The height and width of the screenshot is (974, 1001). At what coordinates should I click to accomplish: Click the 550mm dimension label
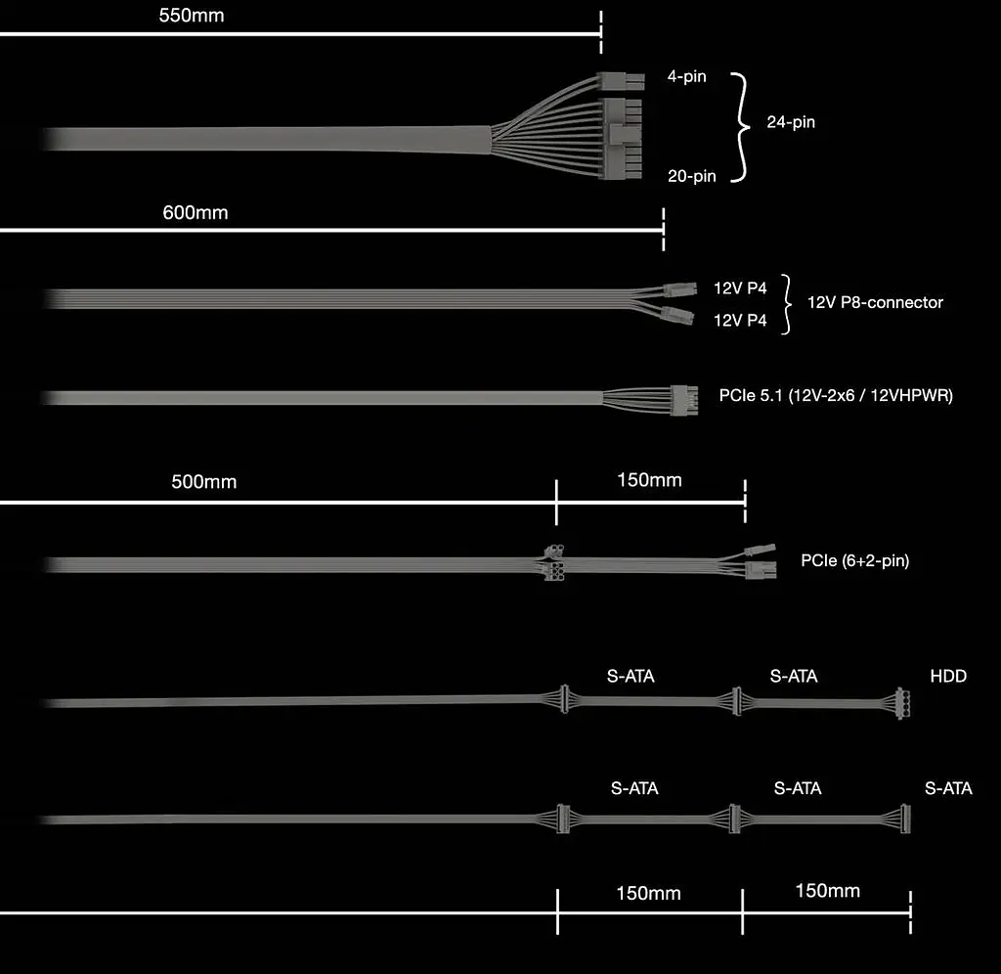(192, 16)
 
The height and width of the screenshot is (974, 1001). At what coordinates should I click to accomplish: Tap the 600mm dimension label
(196, 212)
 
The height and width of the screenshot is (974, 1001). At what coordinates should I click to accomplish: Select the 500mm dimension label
(203, 481)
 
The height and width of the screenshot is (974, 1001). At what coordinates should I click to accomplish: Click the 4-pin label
(687, 76)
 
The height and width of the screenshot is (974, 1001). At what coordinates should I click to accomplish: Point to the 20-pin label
(692, 176)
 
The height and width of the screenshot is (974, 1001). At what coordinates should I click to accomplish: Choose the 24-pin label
(791, 122)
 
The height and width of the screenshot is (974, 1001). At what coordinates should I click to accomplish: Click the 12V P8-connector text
(875, 303)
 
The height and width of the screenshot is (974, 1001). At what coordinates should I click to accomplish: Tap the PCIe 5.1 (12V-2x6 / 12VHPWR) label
(837, 396)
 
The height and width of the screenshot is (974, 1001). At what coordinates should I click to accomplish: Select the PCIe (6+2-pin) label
(855, 560)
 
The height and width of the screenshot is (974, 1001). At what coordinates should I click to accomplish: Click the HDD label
(948, 677)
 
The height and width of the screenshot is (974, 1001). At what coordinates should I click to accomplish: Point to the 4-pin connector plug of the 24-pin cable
(621, 82)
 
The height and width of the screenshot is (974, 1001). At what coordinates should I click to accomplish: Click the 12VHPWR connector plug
(684, 401)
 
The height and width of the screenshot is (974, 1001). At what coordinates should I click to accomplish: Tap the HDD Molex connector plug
(902, 703)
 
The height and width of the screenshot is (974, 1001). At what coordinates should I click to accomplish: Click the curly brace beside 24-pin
(741, 127)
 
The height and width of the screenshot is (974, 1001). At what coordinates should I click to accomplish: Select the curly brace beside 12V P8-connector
(787, 304)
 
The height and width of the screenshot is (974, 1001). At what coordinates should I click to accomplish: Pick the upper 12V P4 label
(740, 288)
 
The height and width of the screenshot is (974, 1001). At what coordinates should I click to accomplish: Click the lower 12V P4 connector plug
(677, 316)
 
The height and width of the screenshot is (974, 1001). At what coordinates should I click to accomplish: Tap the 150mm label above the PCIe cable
(649, 480)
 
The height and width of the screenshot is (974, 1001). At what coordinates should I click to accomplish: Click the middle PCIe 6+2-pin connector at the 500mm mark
(554, 562)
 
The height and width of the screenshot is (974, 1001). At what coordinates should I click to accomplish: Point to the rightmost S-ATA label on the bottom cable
(948, 789)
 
